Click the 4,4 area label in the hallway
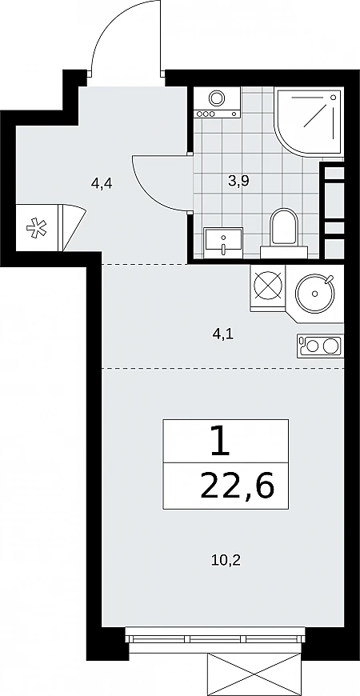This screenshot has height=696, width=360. (x=102, y=183)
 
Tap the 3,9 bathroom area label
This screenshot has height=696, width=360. (x=239, y=180)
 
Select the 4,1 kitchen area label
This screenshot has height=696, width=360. (x=223, y=334)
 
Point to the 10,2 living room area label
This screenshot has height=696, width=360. (x=226, y=561)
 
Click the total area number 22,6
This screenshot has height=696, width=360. (x=237, y=486)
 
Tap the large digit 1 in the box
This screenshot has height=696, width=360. (x=221, y=442)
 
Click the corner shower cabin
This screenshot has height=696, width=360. (x=309, y=122)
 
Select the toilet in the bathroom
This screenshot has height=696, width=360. (x=284, y=234)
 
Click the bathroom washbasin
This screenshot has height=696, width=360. (x=223, y=242)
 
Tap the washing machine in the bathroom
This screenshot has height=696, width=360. (x=217, y=102)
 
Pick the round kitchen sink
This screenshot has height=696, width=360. (x=315, y=293)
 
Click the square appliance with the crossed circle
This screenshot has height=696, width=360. (x=268, y=286)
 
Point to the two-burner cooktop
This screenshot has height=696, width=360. (x=321, y=346)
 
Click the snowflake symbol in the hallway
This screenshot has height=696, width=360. (x=36, y=228)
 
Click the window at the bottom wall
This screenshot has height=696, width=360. (x=215, y=638)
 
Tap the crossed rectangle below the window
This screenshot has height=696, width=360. (x=257, y=674)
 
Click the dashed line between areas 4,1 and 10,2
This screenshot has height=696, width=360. (x=223, y=369)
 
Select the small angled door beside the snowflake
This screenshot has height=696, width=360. (x=73, y=227)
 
